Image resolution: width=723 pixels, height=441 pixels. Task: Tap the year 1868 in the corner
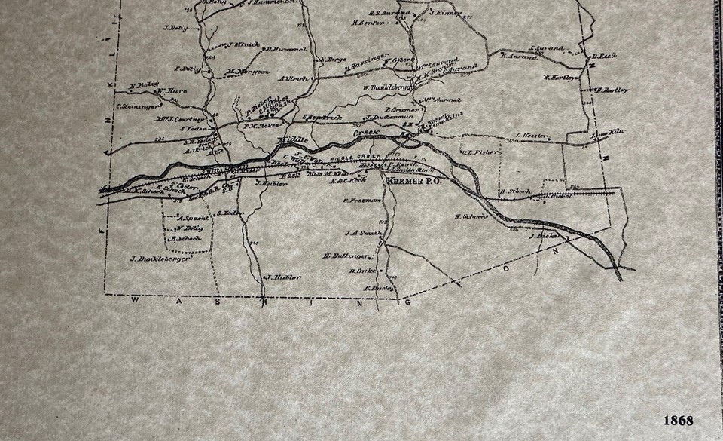[x=678, y=421]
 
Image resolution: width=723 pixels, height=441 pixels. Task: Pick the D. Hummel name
[x=285, y=49]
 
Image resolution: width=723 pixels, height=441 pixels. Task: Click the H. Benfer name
[x=368, y=23]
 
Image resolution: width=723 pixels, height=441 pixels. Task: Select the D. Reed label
[x=604, y=56]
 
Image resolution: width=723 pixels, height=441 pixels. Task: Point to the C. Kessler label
[x=529, y=136]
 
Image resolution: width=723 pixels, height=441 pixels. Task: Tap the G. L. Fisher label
[x=476, y=151]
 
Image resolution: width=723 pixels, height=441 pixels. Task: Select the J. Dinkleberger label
[x=162, y=259]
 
